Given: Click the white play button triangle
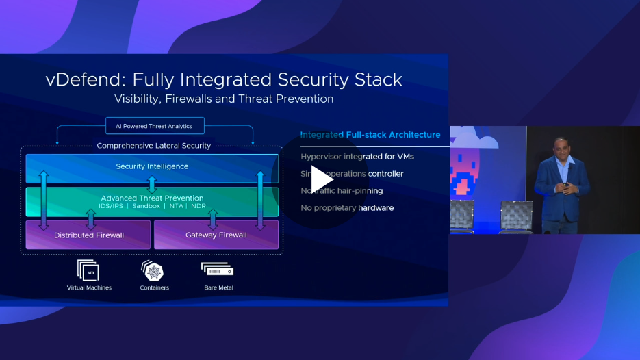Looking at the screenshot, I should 321,179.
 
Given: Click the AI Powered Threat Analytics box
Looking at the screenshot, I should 155,126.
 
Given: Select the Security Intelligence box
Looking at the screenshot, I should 152,166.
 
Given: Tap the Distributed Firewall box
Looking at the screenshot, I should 89,235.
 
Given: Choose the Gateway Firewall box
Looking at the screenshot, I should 216,235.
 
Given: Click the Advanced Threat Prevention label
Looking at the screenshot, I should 152,198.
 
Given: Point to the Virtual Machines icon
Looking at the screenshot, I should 88,270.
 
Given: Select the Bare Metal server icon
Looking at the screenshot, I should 218,270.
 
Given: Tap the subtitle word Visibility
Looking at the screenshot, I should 138,99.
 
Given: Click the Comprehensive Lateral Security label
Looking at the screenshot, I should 154,146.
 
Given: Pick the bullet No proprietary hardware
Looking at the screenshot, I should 347,208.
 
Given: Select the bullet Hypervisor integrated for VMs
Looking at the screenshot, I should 357,157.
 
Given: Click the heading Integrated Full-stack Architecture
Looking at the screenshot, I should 370,135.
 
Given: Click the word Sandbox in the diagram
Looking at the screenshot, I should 146,206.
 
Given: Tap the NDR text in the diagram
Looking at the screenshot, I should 199,206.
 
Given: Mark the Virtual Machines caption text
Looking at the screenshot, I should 89,288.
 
